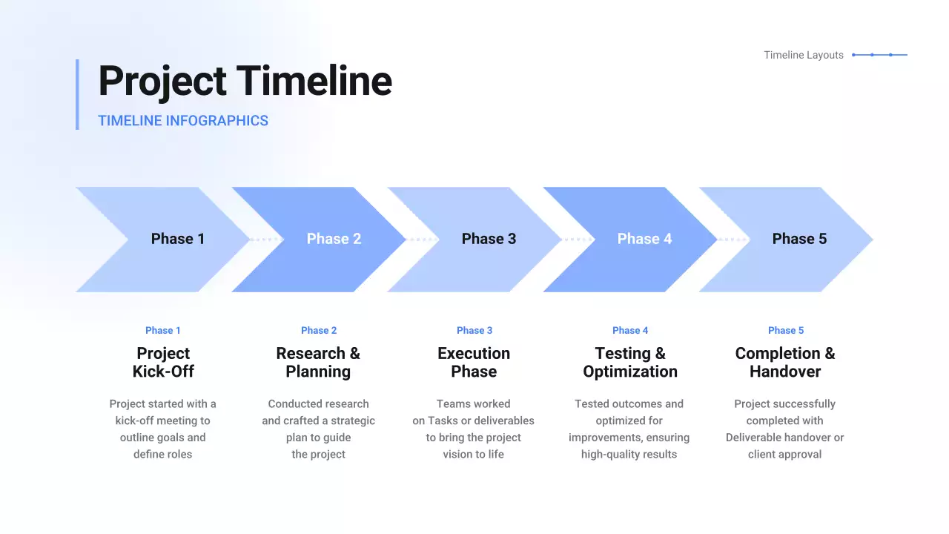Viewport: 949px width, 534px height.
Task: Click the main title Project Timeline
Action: [x=245, y=81]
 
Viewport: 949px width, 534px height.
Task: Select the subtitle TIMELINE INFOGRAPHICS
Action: [x=183, y=121]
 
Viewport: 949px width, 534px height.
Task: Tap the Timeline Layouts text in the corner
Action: [x=803, y=55]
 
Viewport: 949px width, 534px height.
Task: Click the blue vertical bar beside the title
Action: [x=78, y=94]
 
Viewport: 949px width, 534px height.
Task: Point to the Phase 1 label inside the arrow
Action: [x=178, y=239]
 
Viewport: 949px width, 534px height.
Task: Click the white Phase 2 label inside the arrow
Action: [x=334, y=239]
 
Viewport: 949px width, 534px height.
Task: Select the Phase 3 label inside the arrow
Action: [x=489, y=239]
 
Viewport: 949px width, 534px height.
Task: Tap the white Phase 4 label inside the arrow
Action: [x=644, y=239]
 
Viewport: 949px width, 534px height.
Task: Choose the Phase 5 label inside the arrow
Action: [x=799, y=239]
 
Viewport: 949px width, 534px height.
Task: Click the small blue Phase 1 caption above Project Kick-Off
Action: [x=163, y=331]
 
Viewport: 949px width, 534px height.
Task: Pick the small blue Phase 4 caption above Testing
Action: [x=630, y=331]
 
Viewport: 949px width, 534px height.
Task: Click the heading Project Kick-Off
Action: [x=163, y=363]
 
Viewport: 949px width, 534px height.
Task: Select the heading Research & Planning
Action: [x=318, y=363]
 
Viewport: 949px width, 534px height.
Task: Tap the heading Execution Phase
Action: [x=474, y=363]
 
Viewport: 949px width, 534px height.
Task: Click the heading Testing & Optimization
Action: [x=630, y=363]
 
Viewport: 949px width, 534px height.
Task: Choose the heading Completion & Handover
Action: [x=785, y=363]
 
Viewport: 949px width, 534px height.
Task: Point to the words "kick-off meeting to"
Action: [x=162, y=421]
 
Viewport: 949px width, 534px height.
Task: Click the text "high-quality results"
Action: [x=629, y=455]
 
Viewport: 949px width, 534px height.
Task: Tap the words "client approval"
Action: [x=784, y=455]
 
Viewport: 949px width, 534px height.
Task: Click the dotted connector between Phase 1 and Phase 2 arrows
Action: [x=266, y=240]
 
